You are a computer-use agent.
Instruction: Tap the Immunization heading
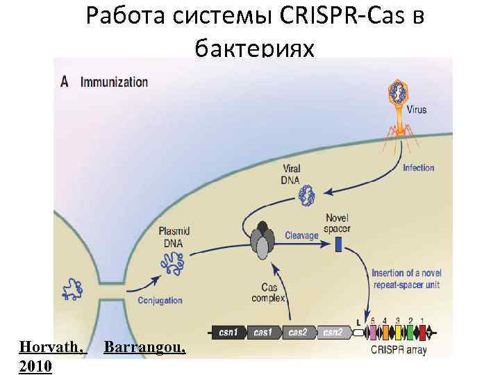point(114,81)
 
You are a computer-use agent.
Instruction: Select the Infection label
point(418,167)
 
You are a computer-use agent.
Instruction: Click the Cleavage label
point(301,235)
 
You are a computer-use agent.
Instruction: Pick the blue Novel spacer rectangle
point(339,244)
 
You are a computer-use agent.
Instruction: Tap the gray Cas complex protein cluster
point(262,240)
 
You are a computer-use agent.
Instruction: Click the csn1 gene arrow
point(230,333)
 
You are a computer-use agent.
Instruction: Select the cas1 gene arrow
point(264,333)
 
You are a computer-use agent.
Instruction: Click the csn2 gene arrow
point(333,333)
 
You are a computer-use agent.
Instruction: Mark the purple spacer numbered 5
point(373,333)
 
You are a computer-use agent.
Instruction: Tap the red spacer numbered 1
point(421,333)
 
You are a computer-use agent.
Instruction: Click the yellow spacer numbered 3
point(397,333)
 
